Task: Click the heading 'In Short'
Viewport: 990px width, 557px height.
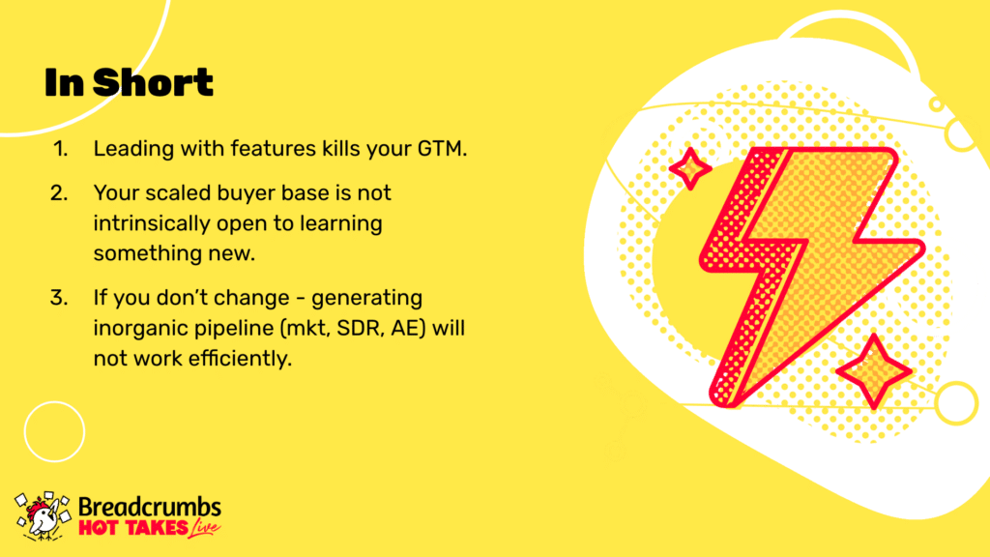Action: (x=129, y=82)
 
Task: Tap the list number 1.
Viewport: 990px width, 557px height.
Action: (x=60, y=149)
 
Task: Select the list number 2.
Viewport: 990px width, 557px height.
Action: (x=59, y=192)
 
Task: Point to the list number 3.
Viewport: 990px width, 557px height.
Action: (x=59, y=298)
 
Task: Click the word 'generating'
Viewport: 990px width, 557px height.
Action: (x=366, y=298)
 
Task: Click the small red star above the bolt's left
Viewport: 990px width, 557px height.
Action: (x=690, y=168)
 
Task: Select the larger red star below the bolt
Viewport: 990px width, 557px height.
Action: (x=874, y=371)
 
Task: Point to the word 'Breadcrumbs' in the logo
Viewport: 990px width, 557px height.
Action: (x=150, y=508)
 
